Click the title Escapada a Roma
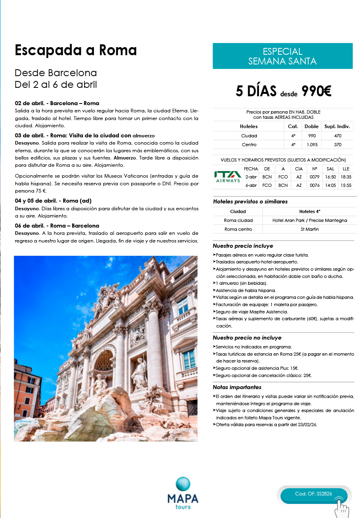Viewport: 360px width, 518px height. tap(76, 50)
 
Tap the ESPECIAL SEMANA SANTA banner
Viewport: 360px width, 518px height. tap(282, 56)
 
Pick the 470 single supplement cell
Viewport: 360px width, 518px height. tap(337, 136)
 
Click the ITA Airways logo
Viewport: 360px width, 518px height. tap(228, 177)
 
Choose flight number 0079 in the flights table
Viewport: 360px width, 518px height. tap(314, 176)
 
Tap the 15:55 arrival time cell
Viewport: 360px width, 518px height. tap(346, 185)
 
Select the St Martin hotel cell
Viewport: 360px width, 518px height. tap(309, 229)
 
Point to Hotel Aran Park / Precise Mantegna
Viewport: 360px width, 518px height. tap(309, 220)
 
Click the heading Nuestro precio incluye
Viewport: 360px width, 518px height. tap(243, 246)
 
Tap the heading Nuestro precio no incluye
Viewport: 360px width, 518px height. tap(247, 338)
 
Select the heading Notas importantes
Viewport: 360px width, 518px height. tap(237, 387)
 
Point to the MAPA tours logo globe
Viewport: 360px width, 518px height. tap(183, 484)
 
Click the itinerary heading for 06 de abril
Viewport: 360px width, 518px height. tap(57, 226)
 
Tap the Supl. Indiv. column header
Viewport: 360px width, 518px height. tap(337, 126)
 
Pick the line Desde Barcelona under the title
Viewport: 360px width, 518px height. tap(56, 73)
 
